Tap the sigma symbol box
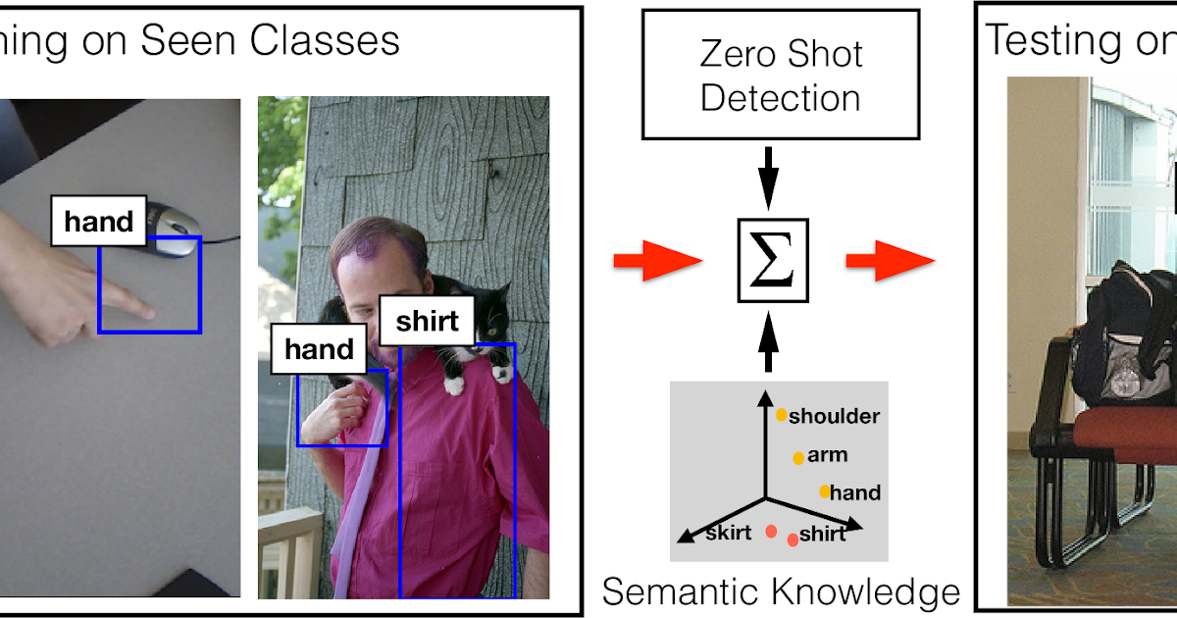tap(774, 261)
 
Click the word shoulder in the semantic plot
tap(834, 417)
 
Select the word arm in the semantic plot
tap(827, 456)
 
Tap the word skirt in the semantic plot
tap(729, 533)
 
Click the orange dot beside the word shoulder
tap(782, 415)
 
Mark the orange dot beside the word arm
tap(798, 457)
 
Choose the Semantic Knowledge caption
tap(780, 592)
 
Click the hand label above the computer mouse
tap(98, 222)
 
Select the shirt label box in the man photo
tap(427, 322)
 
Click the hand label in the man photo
tap(319, 349)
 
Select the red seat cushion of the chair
tap(1128, 432)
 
